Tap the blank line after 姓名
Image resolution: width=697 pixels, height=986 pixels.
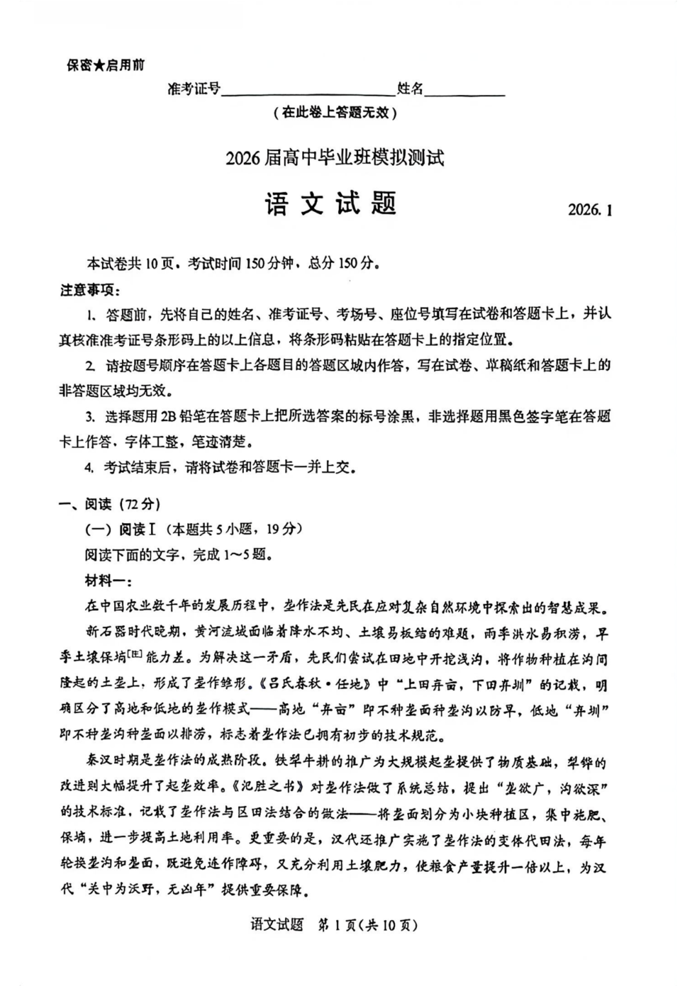point(465,90)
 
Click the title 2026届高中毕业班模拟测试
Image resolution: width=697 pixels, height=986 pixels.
point(335,158)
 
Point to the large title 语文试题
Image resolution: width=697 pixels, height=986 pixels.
point(330,204)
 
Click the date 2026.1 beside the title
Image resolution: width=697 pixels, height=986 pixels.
point(589,210)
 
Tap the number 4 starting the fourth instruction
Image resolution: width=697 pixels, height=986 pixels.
point(89,467)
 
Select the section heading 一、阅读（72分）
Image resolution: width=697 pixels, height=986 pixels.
point(110,504)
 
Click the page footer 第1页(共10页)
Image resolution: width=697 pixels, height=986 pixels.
point(368,925)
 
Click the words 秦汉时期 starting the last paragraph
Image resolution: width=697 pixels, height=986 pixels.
point(110,763)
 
